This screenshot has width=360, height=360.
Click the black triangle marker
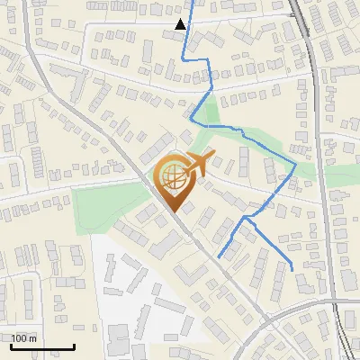[x=182, y=24]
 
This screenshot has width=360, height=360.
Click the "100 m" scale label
[x=24, y=338]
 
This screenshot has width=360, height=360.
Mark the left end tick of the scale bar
[x=12, y=346]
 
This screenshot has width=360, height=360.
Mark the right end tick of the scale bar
[x=74, y=346]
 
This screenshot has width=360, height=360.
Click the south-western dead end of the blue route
[x=219, y=257]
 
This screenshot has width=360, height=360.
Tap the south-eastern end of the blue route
[x=293, y=268]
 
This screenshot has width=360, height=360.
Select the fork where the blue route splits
[x=246, y=217]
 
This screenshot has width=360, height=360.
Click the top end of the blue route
[x=184, y=2]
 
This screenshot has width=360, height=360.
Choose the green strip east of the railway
[x=340, y=176]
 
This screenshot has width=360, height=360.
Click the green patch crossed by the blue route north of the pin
[x=209, y=117]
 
